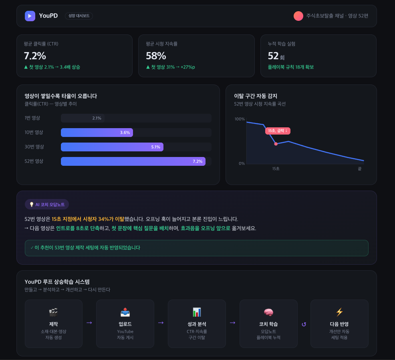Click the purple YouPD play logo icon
pyautogui.click(x=30, y=16)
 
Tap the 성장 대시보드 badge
pyautogui.click(x=79, y=16)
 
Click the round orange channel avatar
pyautogui.click(x=298, y=16)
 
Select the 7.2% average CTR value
pyautogui.click(x=35, y=56)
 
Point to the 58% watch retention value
pyautogui.click(x=156, y=56)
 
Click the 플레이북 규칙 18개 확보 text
pyautogui.click(x=291, y=67)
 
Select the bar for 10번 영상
pyautogui.click(x=97, y=133)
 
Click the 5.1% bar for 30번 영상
pyautogui.click(x=112, y=147)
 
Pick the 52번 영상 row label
pyautogui.click(x=34, y=161)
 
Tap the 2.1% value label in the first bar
pyautogui.click(x=97, y=118)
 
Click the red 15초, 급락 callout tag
pyautogui.click(x=278, y=131)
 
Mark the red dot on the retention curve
pyautogui.click(x=276, y=144)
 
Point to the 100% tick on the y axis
pyautogui.click(x=240, y=119)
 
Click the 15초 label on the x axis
pyautogui.click(x=276, y=169)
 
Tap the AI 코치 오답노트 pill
pyautogui.click(x=47, y=204)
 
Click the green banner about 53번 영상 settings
pyautogui.click(x=196, y=248)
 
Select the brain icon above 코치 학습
pyautogui.click(x=268, y=312)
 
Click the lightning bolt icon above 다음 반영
pyautogui.click(x=339, y=312)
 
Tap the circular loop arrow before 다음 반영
pyautogui.click(x=304, y=324)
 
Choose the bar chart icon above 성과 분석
pyautogui.click(x=197, y=312)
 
